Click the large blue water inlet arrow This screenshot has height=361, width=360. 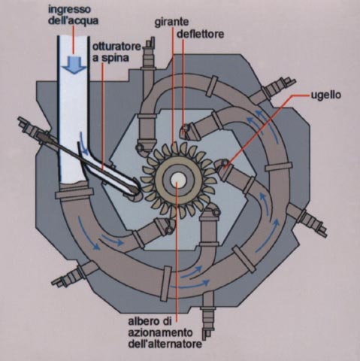point(74,65)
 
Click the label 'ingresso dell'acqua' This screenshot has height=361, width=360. point(73,15)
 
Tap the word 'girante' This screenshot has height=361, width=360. point(171,22)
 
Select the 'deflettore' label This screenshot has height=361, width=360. point(200,34)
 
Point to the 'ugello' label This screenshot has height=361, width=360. point(325,95)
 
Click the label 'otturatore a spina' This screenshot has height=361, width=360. point(116,52)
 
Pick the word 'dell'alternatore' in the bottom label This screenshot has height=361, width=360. point(165,344)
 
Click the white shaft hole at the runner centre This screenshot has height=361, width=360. point(178,180)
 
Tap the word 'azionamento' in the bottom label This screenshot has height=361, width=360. point(160,332)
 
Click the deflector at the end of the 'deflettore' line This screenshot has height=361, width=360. point(185,129)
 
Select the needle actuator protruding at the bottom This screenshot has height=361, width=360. point(207,314)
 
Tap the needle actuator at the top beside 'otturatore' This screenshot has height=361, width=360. point(148,58)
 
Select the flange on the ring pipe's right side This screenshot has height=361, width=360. point(279,167)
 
